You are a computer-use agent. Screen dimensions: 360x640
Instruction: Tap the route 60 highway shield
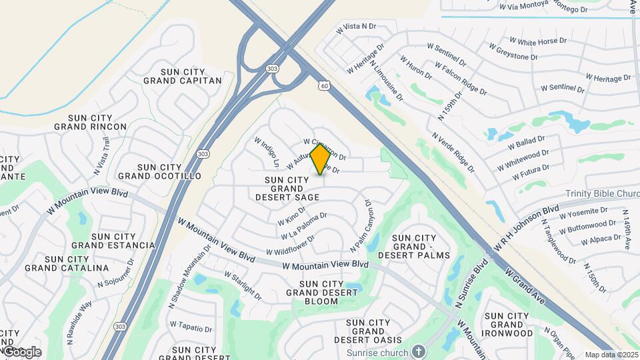(323, 85)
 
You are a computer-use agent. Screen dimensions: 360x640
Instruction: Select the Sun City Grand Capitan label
(182, 75)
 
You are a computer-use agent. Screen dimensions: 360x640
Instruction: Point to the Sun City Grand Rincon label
(90, 121)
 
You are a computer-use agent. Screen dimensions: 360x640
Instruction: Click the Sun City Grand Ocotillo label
(159, 171)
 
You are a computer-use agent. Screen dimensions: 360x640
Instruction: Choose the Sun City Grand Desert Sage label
(287, 189)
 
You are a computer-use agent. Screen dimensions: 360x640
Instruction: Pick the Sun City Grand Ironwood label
(509, 325)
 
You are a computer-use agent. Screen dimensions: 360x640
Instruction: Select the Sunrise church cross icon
(418, 351)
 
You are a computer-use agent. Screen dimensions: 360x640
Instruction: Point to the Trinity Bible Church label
(603, 193)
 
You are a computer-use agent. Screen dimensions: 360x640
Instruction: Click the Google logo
(21, 351)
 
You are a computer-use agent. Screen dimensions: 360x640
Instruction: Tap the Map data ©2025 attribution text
(611, 355)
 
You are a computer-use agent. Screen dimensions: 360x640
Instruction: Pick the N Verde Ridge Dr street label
(453, 153)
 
